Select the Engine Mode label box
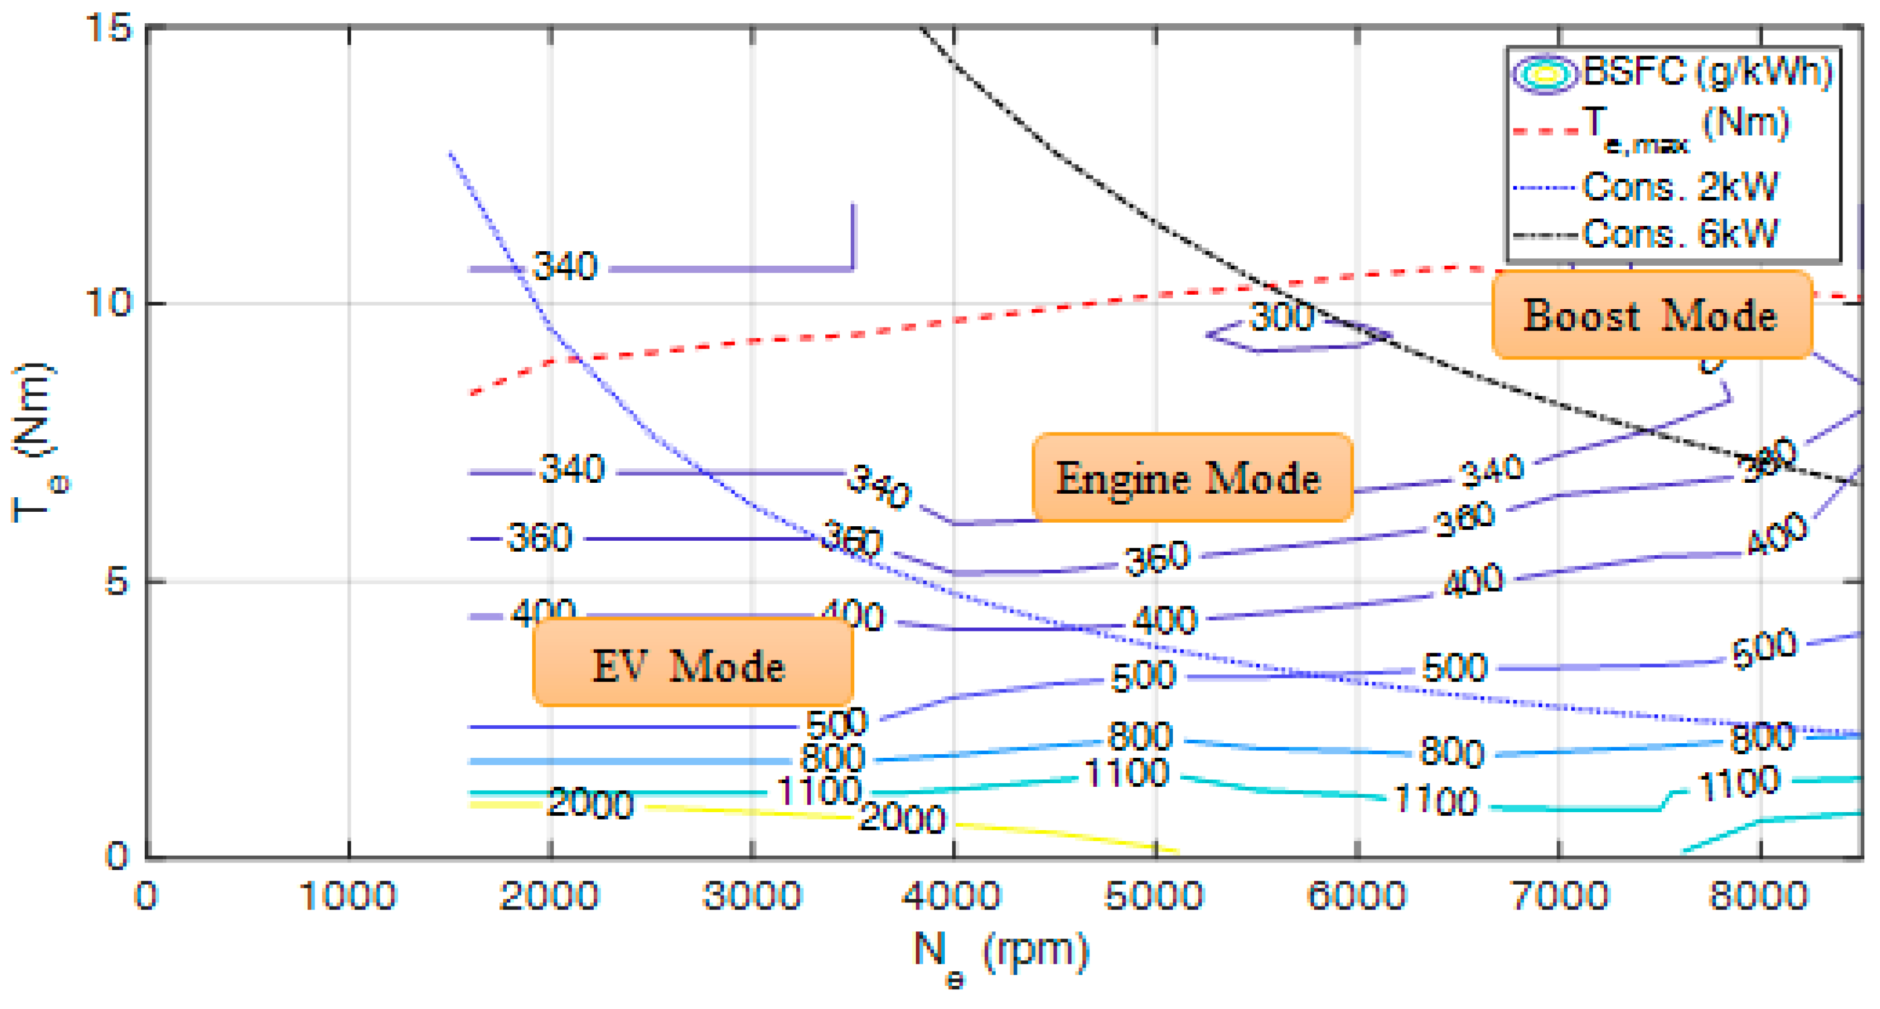tap(1191, 478)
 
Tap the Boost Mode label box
tap(1651, 315)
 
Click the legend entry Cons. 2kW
tap(1680, 187)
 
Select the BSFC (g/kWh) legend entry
tap(1706, 72)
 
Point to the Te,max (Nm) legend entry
tap(1686, 128)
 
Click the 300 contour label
tap(1282, 317)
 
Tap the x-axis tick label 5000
tap(1154, 896)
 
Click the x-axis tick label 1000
tap(348, 896)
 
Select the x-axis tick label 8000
tap(1759, 896)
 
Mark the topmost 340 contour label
tap(565, 266)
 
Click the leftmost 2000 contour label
tap(590, 803)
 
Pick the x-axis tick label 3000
tap(752, 896)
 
